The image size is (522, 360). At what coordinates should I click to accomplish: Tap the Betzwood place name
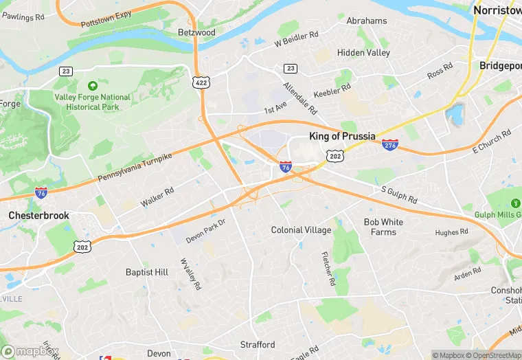(x=196, y=32)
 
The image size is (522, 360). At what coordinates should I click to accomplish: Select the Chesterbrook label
(x=39, y=215)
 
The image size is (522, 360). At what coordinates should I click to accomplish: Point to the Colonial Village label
(x=301, y=230)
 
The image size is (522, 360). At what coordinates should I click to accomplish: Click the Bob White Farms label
(x=383, y=227)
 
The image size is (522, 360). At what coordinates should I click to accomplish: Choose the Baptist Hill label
(x=147, y=272)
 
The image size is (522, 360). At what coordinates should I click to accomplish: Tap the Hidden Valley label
(x=363, y=52)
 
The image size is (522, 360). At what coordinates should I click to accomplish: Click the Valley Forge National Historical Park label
(x=92, y=102)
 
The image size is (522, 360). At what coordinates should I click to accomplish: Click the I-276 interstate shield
(x=390, y=144)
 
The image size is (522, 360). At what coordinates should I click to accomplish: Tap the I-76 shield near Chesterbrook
(x=41, y=192)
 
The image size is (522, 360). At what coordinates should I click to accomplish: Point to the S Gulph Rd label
(x=400, y=194)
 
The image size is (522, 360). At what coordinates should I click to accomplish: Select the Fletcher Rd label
(x=328, y=269)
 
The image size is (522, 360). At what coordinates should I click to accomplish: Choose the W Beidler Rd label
(x=297, y=38)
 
